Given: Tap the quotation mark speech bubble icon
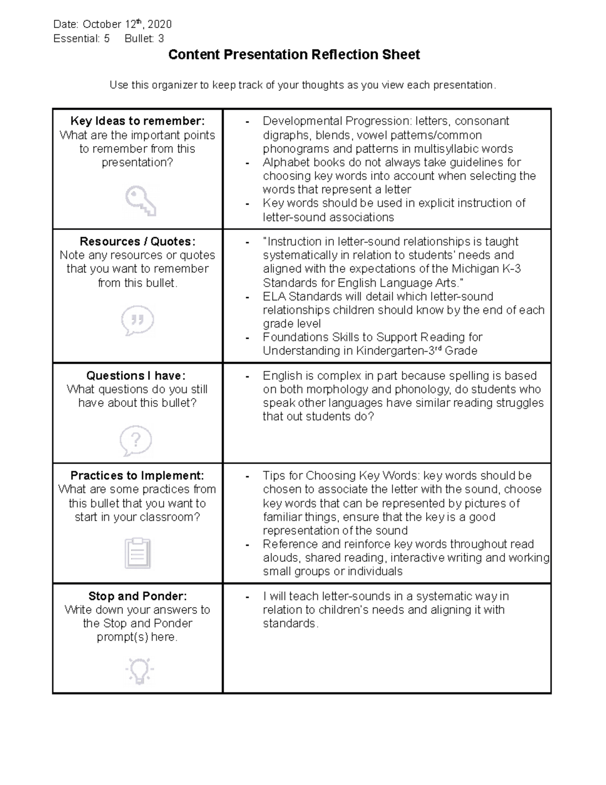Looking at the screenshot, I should point(137,320).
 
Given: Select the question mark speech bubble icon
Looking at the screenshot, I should point(136,440).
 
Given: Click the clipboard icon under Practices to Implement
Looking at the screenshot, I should point(137,553).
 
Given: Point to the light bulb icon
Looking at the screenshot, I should point(139,671).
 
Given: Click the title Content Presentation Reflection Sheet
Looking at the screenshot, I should point(294,55).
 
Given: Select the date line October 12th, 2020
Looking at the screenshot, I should point(113,24).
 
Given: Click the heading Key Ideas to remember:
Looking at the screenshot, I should point(137,121).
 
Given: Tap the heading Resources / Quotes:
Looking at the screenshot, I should point(137,242).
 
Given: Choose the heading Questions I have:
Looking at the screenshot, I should point(136,376).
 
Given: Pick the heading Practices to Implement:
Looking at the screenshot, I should point(137,476).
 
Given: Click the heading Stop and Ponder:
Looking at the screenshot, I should point(137,596).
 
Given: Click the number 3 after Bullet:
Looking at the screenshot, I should point(161,38).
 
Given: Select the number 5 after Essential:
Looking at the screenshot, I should point(107,38).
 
